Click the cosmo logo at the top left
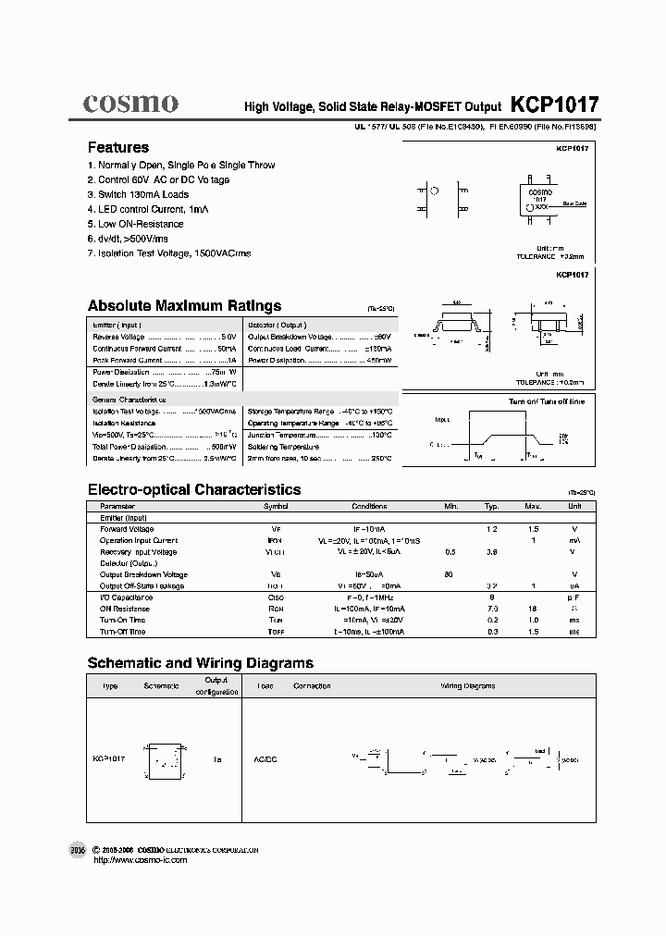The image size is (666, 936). point(130,104)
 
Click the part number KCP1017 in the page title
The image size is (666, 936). point(554,105)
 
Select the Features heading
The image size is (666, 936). point(117,147)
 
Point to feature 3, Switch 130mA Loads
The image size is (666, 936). point(138,194)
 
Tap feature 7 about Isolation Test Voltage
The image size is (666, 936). point(168,252)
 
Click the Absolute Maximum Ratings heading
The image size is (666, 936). point(184,306)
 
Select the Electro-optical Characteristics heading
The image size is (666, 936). point(193,489)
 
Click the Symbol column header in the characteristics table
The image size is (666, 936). point(276,507)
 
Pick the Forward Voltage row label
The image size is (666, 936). point(127,529)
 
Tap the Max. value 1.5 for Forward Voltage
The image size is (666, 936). point(533,529)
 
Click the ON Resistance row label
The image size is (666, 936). point(125,609)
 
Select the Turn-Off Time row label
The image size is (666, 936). point(123,632)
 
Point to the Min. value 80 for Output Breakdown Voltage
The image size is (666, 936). point(449,574)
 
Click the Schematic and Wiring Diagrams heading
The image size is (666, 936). point(200,663)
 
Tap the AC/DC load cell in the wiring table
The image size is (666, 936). point(265,759)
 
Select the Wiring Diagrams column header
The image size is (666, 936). point(466,685)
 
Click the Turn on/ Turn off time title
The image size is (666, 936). point(547,401)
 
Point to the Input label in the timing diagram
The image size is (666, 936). point(443,418)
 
